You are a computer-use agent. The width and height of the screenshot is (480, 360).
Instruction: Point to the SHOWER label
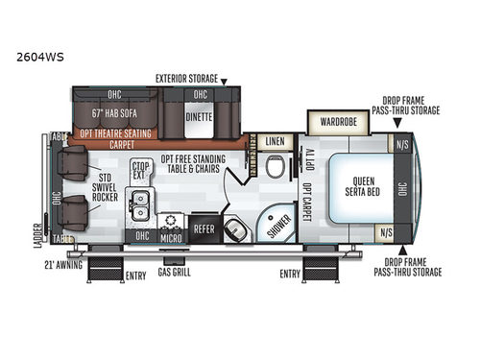pyautogui.click(x=276, y=223)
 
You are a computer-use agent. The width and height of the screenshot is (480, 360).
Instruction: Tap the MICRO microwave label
pyautogui.click(x=173, y=236)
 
